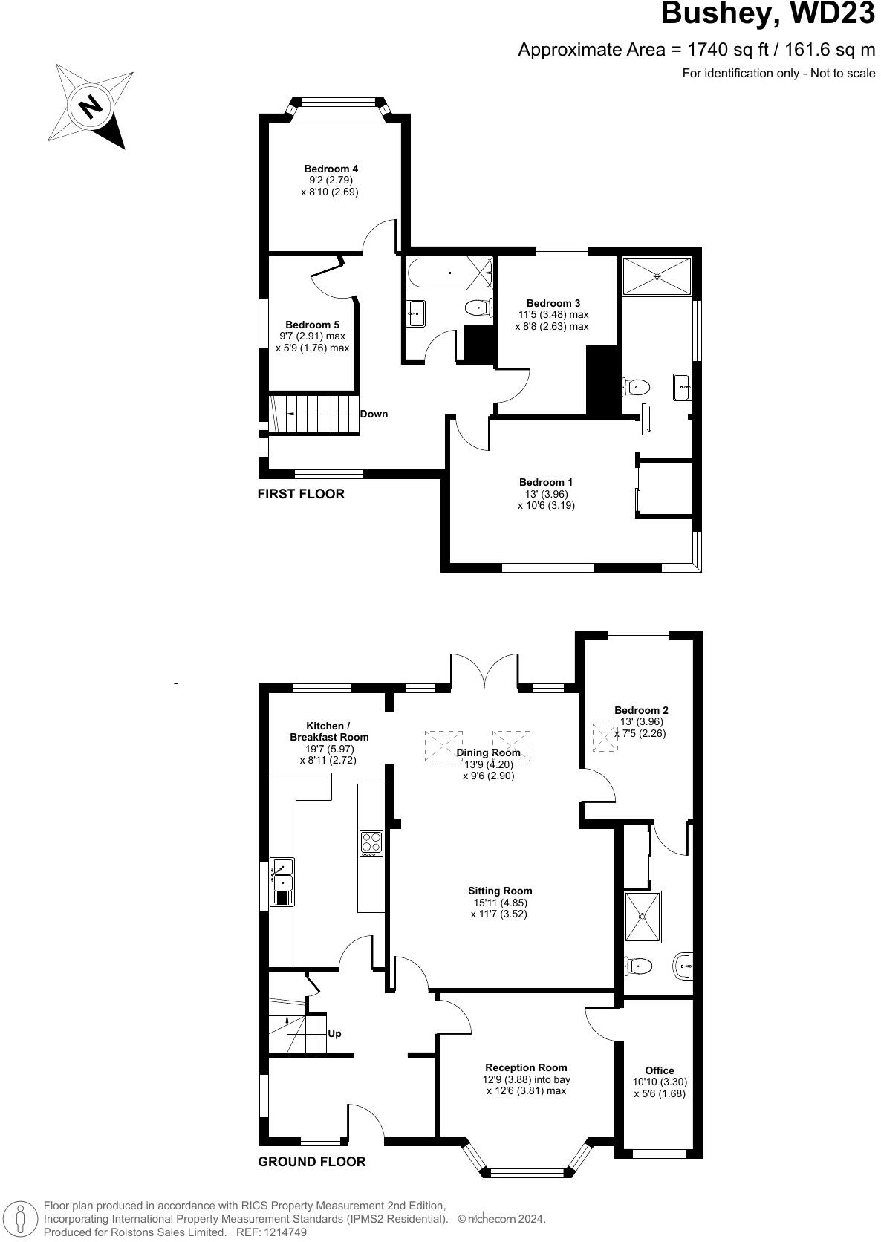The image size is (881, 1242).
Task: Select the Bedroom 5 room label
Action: click(x=312, y=325)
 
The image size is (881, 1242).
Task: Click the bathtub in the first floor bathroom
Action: click(x=449, y=273)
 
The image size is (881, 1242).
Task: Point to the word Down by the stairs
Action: click(x=374, y=414)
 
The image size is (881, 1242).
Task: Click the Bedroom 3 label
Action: click(x=553, y=303)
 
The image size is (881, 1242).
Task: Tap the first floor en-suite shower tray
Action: click(x=657, y=276)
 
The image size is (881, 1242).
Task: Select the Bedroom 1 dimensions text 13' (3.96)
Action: click(x=546, y=494)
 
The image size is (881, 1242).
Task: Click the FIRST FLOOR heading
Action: click(x=301, y=494)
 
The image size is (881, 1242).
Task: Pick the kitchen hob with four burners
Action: click(x=371, y=842)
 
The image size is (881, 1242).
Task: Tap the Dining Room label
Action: click(x=488, y=752)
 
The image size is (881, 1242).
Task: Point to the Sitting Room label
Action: click(x=500, y=891)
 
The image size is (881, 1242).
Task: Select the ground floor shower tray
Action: click(x=643, y=916)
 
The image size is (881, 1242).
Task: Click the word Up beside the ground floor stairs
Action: click(x=334, y=1033)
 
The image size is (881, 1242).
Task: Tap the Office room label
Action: click(x=659, y=1070)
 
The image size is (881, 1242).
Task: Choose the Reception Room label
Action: click(x=526, y=1067)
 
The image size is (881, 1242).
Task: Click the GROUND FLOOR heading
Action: click(x=311, y=1162)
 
